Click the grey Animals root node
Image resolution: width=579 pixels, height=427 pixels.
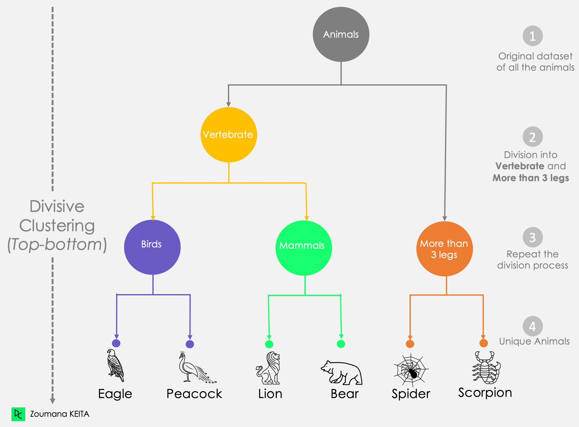[x=341, y=34]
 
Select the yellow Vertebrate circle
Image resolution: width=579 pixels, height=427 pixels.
[x=229, y=134]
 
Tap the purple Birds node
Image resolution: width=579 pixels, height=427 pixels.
[x=152, y=247]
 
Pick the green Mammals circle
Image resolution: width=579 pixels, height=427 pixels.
[x=303, y=248]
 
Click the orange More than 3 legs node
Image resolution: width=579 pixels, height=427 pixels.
[x=444, y=249]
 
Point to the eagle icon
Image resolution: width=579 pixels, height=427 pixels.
[x=115, y=365]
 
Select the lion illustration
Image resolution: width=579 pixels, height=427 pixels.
[x=268, y=368]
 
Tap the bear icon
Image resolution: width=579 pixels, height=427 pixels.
[x=342, y=373]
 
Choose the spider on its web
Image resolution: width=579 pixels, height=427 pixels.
[x=411, y=370]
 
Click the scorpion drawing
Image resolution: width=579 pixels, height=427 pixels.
[x=486, y=368]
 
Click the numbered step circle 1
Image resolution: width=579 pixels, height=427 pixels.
[x=532, y=36]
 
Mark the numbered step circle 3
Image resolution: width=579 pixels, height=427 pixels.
[x=532, y=237]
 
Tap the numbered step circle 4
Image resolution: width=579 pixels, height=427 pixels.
[x=532, y=326]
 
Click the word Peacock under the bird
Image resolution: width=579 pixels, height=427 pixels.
[x=194, y=394]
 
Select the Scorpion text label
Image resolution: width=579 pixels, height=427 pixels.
[x=485, y=393]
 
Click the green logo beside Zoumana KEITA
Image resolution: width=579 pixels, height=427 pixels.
[x=18, y=414]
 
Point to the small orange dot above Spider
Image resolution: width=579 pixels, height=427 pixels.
[x=410, y=344]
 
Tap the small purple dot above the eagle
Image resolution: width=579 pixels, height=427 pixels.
[x=116, y=343]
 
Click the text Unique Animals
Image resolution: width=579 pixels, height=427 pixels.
[x=534, y=341]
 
